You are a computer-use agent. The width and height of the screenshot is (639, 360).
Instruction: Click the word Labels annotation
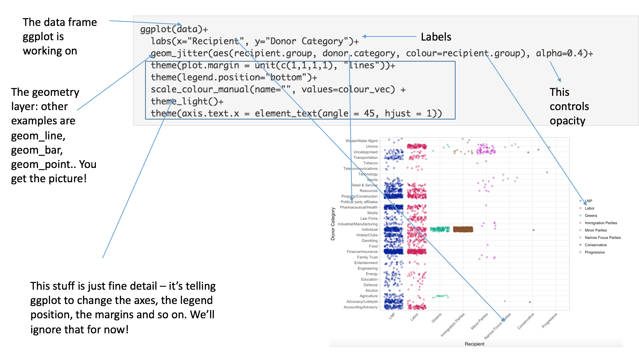[x=436, y=37]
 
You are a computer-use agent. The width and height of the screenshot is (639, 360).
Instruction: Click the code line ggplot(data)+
[x=174, y=29]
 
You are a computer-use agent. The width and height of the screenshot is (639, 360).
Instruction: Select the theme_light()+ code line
[x=187, y=101]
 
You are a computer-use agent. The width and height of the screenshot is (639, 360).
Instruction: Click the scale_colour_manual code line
[x=278, y=89]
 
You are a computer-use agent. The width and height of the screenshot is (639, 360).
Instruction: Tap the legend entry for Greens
[x=591, y=216]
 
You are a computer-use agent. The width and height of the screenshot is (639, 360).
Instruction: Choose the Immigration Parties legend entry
[x=601, y=223]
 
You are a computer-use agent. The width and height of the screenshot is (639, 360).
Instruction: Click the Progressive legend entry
[x=594, y=252]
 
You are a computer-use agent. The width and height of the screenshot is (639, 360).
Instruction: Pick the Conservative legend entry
[x=595, y=245]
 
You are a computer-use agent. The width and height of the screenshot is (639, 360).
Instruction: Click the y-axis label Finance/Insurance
[x=362, y=252]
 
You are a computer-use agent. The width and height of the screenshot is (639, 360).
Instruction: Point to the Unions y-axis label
[x=371, y=147]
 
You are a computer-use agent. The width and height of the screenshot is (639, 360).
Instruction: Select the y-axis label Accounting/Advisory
[x=360, y=307]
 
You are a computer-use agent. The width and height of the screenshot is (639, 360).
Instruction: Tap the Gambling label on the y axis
[x=369, y=241]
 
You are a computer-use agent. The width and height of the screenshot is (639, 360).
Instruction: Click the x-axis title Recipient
[x=474, y=344]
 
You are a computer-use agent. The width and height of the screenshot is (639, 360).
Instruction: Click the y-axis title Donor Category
[x=333, y=224]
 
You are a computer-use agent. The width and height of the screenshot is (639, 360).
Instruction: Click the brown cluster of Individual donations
[x=463, y=229]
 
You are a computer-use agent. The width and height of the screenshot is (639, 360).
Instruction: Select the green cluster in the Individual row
[x=440, y=229]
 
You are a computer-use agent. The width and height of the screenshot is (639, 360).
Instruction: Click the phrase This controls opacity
[x=569, y=106]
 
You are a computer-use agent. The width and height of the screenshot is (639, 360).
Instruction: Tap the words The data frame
[x=59, y=22]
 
